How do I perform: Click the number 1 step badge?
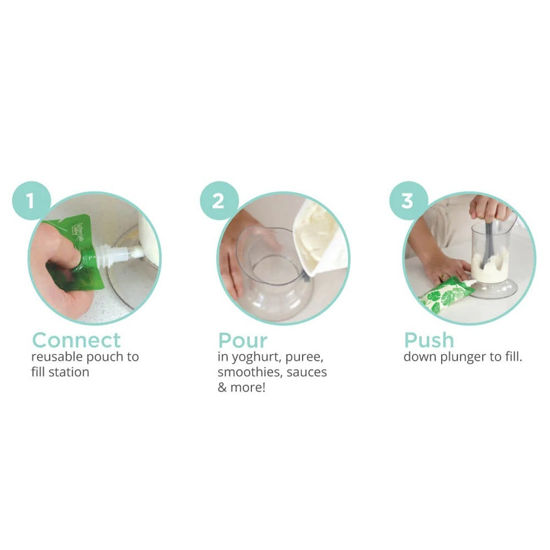coord(31,201)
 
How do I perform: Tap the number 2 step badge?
coord(219,201)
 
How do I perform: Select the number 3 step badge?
coord(408,201)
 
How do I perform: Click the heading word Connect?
coord(76,340)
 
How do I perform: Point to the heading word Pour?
coord(243,340)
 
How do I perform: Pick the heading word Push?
coord(429,340)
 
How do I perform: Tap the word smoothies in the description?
coord(249,372)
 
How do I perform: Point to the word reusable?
coord(57,357)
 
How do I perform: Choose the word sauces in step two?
coord(306,372)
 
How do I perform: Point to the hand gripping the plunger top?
coord(490,208)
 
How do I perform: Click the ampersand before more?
coord(222,388)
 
